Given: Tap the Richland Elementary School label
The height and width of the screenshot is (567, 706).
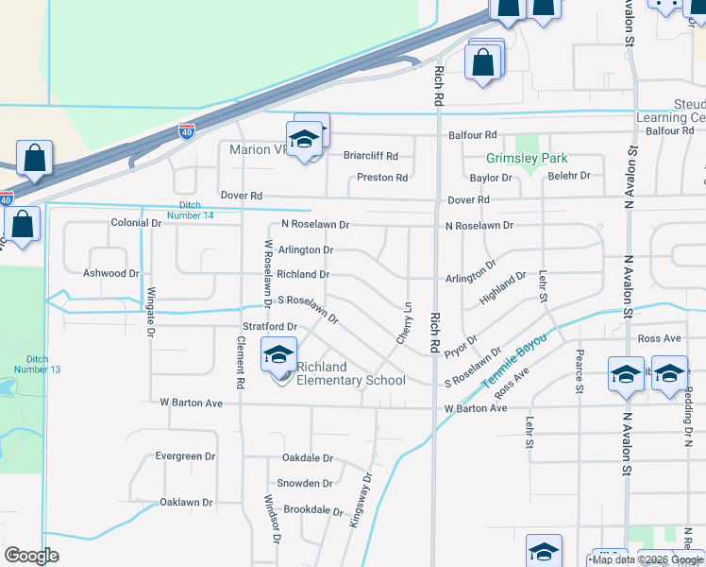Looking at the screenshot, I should [x=351, y=374].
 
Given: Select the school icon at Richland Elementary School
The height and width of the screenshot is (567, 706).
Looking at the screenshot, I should [x=278, y=356].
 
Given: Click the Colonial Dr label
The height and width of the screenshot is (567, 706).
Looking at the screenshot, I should [x=136, y=223].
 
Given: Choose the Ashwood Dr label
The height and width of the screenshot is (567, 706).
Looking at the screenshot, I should [x=111, y=273].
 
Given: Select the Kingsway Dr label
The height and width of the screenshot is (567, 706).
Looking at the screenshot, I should [x=362, y=507].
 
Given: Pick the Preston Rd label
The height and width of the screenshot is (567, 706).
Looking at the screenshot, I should [x=382, y=178].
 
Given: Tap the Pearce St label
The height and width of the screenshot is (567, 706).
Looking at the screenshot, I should [x=579, y=371].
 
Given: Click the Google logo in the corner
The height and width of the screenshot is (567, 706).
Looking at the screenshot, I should [x=31, y=556].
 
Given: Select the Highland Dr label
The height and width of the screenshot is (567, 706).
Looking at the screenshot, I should [x=502, y=287].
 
